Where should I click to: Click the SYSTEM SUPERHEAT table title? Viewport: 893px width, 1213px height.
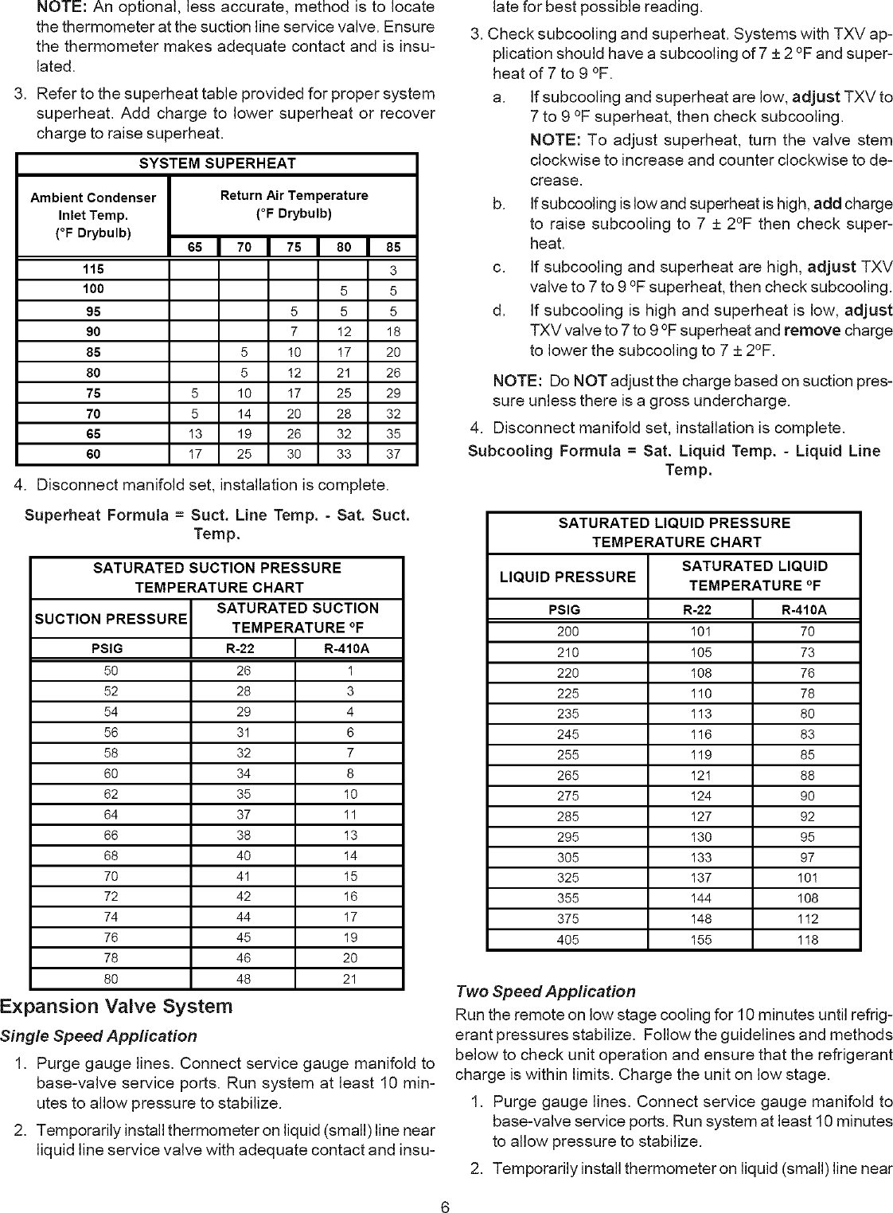pyautogui.click(x=216, y=164)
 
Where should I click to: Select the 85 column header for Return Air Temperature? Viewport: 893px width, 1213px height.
pyautogui.click(x=393, y=247)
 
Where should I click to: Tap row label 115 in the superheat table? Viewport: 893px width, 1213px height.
pyautogui.click(x=93, y=269)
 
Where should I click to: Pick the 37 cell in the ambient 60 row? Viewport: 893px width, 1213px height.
pyautogui.click(x=393, y=455)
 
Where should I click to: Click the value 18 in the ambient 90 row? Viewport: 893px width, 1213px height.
pyautogui.click(x=393, y=331)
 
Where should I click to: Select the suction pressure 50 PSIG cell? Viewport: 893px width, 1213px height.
pyautogui.click(x=111, y=671)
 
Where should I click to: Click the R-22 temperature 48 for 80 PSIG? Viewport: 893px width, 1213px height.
pyautogui.click(x=243, y=979)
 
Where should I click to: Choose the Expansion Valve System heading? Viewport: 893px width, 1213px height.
pyautogui.click(x=116, y=1007)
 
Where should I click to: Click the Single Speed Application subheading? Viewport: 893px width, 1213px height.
pyautogui.click(x=99, y=1036)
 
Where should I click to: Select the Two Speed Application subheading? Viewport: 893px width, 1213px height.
pyautogui.click(x=545, y=992)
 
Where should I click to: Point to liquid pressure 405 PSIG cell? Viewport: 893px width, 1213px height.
pyautogui.click(x=567, y=940)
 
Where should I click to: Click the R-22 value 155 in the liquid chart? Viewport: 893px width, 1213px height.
pyautogui.click(x=700, y=940)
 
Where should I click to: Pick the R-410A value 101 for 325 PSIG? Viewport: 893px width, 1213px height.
pyautogui.click(x=807, y=878)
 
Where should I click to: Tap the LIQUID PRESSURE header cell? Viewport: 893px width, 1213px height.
pyautogui.click(x=567, y=577)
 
